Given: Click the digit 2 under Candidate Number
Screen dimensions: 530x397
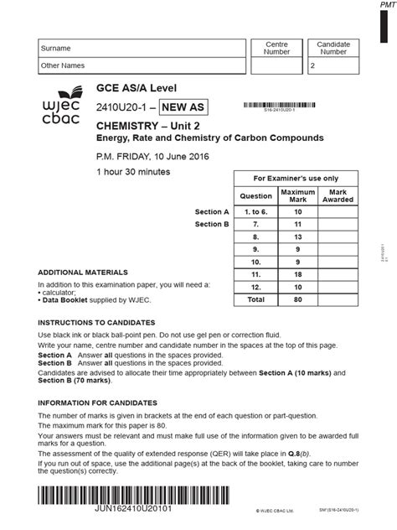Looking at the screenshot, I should (313, 65).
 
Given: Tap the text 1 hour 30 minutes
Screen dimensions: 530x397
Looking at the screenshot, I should (133, 172).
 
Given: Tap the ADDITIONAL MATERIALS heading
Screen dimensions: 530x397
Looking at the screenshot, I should (84, 273).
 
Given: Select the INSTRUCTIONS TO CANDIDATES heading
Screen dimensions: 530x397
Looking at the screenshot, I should (96, 323).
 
